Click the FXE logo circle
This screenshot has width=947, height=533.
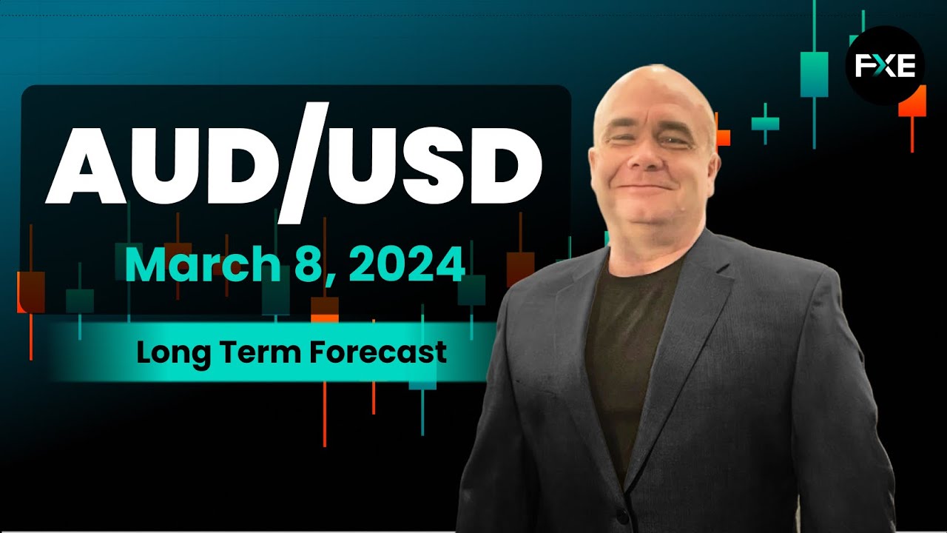[x=885, y=65]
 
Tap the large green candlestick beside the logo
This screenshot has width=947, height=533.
[x=814, y=74]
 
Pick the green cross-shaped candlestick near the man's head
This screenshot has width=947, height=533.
[x=765, y=123]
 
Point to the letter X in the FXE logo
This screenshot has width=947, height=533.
[x=886, y=67]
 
